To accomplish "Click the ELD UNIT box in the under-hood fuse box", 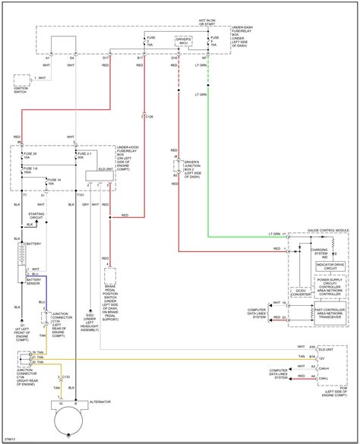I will click(x=105, y=174).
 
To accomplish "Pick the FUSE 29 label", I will click(x=33, y=154).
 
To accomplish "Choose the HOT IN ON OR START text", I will click(x=208, y=24).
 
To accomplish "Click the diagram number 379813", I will click(x=11, y=437).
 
